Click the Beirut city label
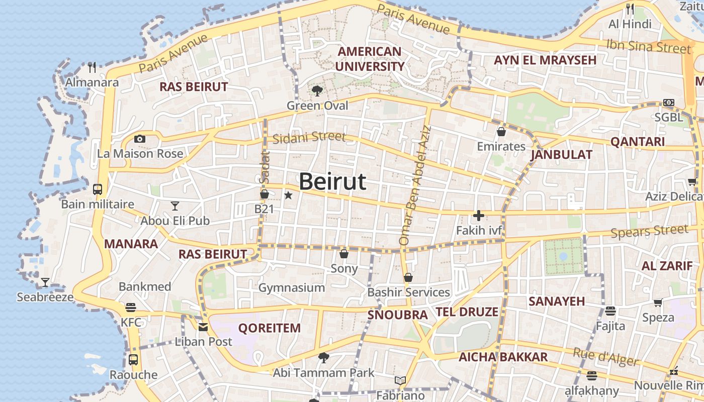click(x=332, y=181)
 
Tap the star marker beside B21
click(x=288, y=195)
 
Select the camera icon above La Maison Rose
click(x=140, y=139)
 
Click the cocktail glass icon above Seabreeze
click(x=45, y=282)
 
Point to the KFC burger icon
click(x=131, y=308)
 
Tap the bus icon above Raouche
click(x=133, y=360)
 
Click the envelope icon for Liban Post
click(x=203, y=327)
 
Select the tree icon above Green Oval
click(x=317, y=91)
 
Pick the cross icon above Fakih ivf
click(x=478, y=216)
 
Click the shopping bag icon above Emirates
click(x=501, y=132)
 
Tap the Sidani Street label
click(x=309, y=137)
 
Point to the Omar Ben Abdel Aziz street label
click(x=415, y=186)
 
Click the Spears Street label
click(x=649, y=232)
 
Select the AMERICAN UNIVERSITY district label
click(x=370, y=59)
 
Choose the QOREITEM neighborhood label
click(x=270, y=328)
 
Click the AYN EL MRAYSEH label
click(x=545, y=60)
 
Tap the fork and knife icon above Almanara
click(x=92, y=67)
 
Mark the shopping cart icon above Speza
click(x=658, y=303)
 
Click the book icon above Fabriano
click(x=400, y=380)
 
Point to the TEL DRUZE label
click(x=467, y=312)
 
